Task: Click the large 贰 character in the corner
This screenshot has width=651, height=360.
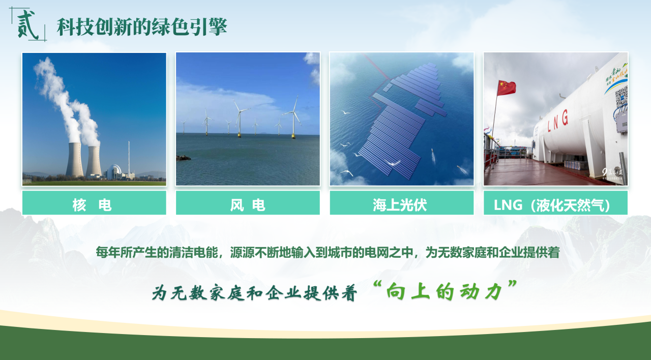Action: [x=28, y=25]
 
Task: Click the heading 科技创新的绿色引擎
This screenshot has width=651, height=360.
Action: [x=141, y=27]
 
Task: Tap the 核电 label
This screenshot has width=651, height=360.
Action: [x=92, y=205]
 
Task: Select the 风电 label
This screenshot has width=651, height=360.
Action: [x=248, y=205]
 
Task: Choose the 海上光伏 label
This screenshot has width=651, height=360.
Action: [x=400, y=205]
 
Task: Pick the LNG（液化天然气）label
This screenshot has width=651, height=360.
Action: [x=552, y=205]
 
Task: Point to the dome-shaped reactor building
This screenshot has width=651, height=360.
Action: [x=113, y=172]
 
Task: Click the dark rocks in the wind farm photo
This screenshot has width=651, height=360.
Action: [x=184, y=158]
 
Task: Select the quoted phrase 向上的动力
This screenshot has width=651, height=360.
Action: [x=445, y=292]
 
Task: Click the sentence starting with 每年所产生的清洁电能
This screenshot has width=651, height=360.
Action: [x=328, y=252]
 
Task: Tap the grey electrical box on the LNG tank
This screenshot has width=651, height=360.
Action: [x=622, y=122]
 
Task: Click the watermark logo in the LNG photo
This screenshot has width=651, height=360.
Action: [x=612, y=173]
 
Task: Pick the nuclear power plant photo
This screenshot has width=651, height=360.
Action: [x=94, y=119]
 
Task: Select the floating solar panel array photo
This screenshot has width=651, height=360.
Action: [x=402, y=119]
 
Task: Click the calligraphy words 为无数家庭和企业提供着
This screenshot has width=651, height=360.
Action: [x=254, y=292]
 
